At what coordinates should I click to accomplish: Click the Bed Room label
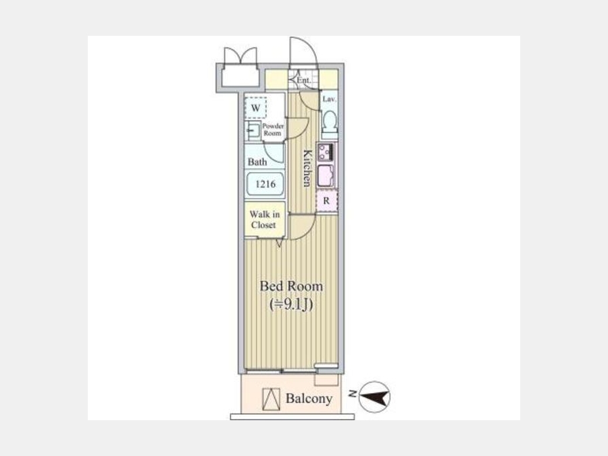[291, 286]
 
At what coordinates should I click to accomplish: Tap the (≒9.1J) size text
[291, 305]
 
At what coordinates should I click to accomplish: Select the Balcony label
[309, 399]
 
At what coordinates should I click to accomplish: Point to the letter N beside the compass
[353, 394]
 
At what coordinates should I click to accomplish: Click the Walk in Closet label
[264, 220]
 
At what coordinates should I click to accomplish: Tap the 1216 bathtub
[265, 183]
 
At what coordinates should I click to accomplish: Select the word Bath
[257, 161]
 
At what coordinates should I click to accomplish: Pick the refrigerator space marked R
[327, 201]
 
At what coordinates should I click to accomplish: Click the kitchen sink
[326, 176]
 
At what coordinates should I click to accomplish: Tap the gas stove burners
[326, 152]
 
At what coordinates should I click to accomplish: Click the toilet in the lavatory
[329, 122]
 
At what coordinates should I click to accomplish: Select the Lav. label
[329, 99]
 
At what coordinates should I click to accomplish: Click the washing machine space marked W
[255, 107]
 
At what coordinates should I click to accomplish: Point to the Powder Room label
[273, 130]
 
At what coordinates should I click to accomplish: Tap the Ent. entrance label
[303, 80]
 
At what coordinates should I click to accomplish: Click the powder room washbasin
[253, 130]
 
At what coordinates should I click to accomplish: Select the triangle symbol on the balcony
[271, 399]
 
